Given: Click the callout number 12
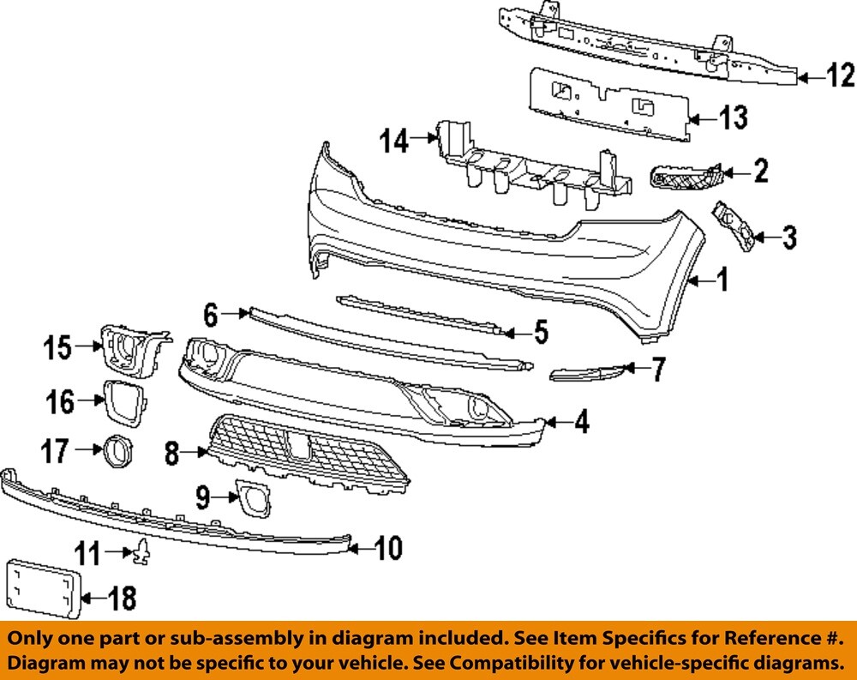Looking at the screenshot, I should pos(841,76).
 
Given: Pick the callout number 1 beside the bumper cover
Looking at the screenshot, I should pos(722,280).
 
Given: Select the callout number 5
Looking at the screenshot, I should pos(542,332).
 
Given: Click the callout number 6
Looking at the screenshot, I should pos(211,315).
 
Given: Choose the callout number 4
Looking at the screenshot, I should pos(581,422).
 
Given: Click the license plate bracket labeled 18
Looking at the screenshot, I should pos(43,589).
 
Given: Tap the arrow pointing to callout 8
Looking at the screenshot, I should pos(197,452).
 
